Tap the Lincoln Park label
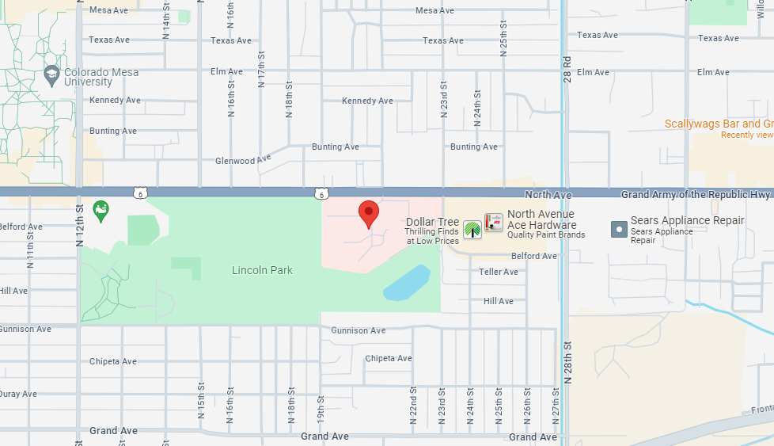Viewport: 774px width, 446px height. click(262, 270)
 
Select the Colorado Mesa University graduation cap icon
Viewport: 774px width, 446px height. click(52, 73)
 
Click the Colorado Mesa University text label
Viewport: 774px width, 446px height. click(101, 77)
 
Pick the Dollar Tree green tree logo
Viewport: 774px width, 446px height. click(472, 229)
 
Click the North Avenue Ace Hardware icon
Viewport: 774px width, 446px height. click(494, 223)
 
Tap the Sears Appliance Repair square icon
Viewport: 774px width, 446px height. click(619, 229)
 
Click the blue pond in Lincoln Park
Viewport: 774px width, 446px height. click(407, 283)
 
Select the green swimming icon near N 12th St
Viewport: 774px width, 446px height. click(101, 211)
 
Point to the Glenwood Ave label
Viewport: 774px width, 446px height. click(243, 160)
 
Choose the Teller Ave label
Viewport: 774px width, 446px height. click(499, 272)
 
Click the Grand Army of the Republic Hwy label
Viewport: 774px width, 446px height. click(696, 194)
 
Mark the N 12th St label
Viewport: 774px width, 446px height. click(79, 226)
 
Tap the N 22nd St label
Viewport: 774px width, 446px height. click(413, 406)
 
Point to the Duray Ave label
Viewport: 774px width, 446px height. click(17, 394)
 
